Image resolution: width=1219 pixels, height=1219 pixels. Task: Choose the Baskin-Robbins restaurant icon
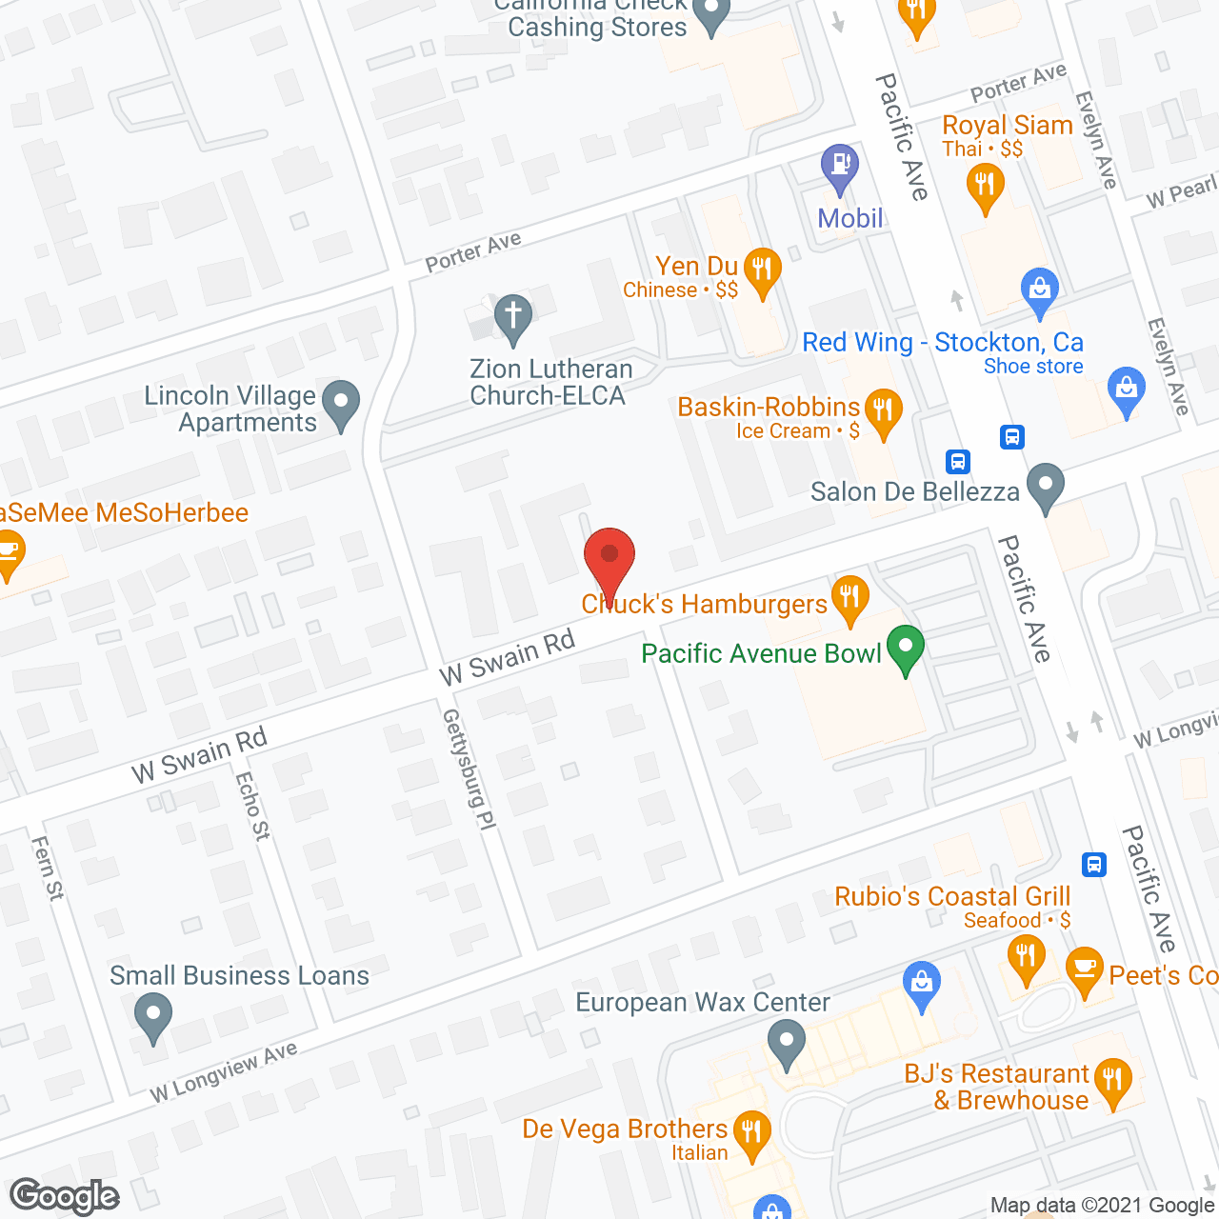(883, 411)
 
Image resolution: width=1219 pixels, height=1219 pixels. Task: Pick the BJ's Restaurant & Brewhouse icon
(1112, 1082)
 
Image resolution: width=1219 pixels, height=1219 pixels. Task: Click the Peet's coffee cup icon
(1085, 969)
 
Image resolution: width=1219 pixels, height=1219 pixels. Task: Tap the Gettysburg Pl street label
(470, 769)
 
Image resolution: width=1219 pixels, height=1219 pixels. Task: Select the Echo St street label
(252, 806)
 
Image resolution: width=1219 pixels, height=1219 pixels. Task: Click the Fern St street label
(48, 868)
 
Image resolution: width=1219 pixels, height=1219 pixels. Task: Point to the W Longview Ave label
(224, 1073)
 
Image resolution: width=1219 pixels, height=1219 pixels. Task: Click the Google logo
(65, 1196)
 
